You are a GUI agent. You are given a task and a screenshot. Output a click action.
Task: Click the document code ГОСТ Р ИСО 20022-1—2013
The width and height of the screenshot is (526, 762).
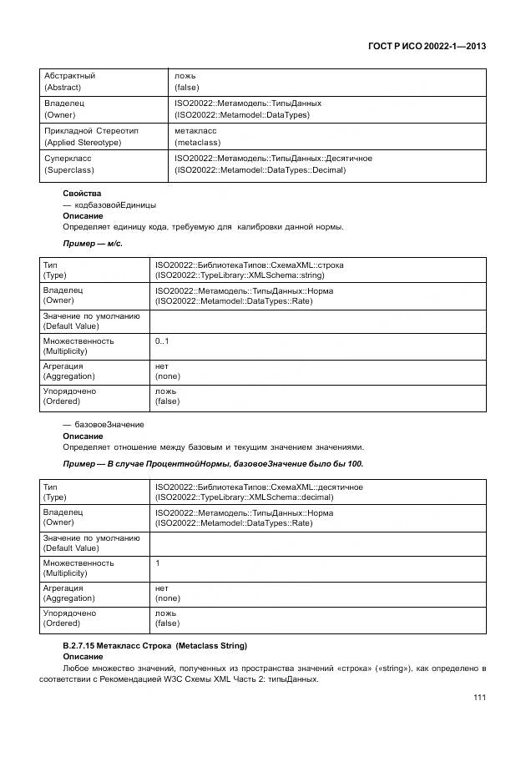point(427,46)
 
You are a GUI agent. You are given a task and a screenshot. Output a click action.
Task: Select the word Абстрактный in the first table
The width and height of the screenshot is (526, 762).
point(69,76)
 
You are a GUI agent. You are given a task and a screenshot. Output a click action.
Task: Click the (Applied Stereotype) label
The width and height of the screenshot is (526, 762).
point(83,143)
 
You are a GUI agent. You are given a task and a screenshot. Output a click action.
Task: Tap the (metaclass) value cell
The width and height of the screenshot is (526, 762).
point(197,143)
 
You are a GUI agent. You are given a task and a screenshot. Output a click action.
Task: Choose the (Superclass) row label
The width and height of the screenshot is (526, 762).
point(68,170)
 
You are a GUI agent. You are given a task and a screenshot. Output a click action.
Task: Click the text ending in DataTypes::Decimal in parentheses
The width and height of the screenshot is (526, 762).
point(260,170)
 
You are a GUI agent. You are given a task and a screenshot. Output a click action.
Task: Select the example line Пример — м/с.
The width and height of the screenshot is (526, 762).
point(93,243)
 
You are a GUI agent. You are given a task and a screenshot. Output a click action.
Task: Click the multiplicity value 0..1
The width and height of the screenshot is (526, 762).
point(162,341)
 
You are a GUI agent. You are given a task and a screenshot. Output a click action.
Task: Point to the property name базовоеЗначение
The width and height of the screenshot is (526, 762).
point(109,425)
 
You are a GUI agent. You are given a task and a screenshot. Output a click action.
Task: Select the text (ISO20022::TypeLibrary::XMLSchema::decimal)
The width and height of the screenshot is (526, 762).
point(244,497)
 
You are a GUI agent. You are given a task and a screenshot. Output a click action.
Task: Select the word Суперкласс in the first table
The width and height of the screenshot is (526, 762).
point(68,158)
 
